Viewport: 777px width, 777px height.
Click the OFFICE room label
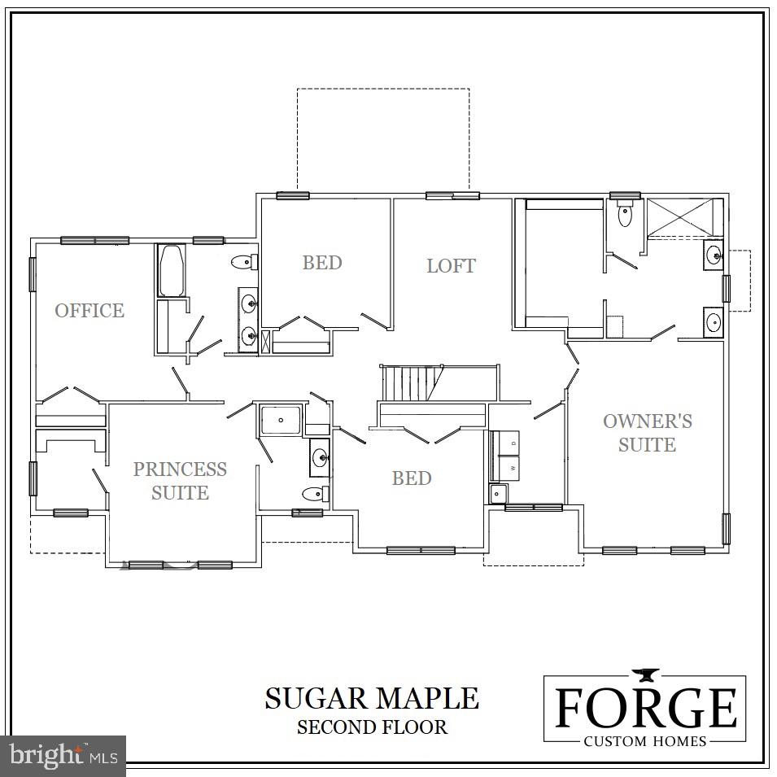point(89,310)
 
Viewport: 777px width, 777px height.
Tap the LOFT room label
point(451,265)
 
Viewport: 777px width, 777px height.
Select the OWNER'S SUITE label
point(647,432)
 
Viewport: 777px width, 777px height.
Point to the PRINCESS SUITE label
point(180,480)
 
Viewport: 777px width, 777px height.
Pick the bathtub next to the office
point(172,270)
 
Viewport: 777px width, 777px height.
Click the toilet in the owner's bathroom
point(625,214)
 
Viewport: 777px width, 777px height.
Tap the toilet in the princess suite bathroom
point(314,493)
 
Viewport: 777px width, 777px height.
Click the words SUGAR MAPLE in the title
point(372,697)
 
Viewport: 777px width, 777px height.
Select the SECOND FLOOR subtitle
point(372,727)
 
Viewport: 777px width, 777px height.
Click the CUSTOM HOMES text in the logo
point(645,741)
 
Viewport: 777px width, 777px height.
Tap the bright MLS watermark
point(63,756)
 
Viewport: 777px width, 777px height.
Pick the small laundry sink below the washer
point(498,493)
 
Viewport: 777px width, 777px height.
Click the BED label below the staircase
point(412,478)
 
